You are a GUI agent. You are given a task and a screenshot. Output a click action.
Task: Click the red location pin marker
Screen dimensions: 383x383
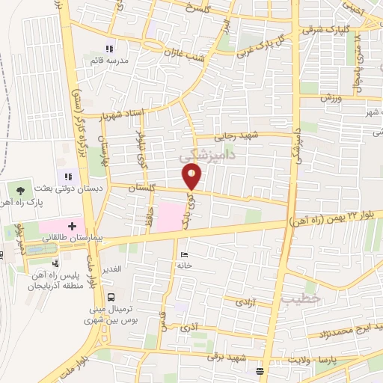[x=193, y=177]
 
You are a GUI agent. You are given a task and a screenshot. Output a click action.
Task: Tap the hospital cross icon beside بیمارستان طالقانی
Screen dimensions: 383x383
[x=72, y=224]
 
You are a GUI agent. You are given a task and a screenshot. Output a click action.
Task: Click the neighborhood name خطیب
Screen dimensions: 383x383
[x=295, y=298]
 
